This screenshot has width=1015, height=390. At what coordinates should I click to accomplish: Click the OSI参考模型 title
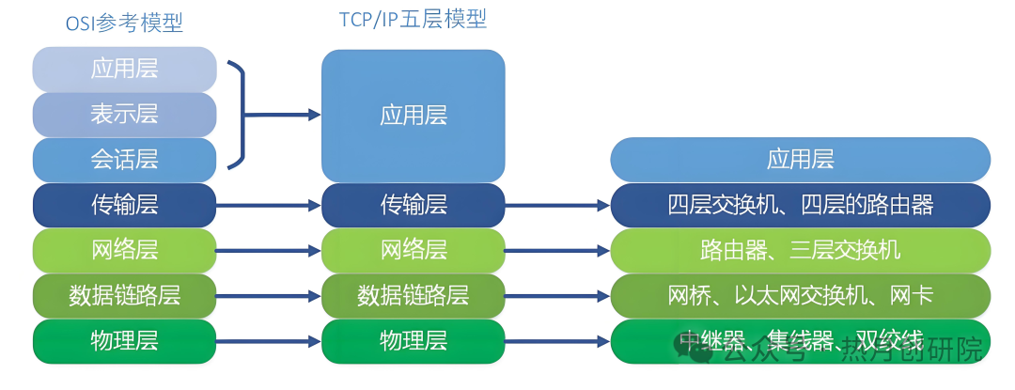[x=124, y=23]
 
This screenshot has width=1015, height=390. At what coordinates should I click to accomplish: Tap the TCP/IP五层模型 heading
[x=413, y=19]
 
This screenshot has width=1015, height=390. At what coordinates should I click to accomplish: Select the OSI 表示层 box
[x=124, y=115]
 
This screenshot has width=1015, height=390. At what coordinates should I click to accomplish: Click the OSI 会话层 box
[x=124, y=160]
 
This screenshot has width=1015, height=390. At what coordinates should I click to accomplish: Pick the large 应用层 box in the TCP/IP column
[x=413, y=116]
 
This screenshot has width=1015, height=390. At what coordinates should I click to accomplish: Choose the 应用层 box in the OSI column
[x=124, y=69]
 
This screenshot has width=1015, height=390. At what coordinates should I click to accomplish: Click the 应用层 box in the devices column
[x=801, y=159]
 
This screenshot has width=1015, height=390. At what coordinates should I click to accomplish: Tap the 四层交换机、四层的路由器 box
[x=801, y=205]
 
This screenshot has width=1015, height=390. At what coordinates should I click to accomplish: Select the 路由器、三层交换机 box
[x=801, y=250]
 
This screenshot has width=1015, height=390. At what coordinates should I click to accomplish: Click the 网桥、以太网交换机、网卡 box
[x=801, y=295]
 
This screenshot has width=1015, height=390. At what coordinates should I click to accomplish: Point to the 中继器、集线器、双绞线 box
[x=801, y=340]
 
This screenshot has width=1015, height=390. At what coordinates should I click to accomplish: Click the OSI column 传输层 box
[x=124, y=205]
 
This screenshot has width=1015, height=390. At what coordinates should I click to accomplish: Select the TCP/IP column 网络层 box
[x=413, y=250]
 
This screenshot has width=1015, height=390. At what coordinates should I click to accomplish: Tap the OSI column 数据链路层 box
[x=124, y=295]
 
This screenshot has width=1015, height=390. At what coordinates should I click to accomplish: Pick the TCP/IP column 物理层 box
[x=413, y=340]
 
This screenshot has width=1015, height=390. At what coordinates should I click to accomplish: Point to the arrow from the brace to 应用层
[x=282, y=116]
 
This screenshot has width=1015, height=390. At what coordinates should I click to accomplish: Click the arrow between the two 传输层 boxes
[x=269, y=205]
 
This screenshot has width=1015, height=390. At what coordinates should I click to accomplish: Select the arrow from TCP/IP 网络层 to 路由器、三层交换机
[x=557, y=250]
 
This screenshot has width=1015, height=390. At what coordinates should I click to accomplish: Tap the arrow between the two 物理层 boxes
[x=269, y=340]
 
